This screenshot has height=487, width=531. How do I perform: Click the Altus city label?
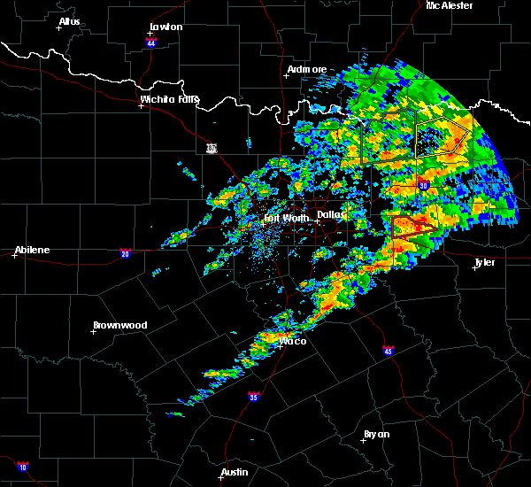(x=69, y=21)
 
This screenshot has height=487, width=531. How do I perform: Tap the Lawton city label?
(x=165, y=27)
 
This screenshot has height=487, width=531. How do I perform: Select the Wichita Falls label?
(x=169, y=99)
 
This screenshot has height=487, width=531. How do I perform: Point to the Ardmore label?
(x=307, y=69)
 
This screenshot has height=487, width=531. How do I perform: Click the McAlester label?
(x=450, y=5)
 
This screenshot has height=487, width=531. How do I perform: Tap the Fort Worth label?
(x=286, y=218)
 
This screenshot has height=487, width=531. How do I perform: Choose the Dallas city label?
(x=331, y=214)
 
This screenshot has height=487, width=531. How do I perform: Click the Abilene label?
(x=31, y=250)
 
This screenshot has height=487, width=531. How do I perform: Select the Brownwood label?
(x=119, y=325)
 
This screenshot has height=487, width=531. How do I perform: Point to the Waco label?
(x=292, y=341)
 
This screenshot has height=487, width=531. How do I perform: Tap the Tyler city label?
(x=484, y=263)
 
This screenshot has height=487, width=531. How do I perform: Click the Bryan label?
(x=376, y=434)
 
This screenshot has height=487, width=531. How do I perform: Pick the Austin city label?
(x=235, y=472)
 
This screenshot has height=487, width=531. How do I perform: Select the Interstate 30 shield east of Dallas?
(x=423, y=185)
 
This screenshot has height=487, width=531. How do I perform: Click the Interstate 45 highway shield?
(x=389, y=351)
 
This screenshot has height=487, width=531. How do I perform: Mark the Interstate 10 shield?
(x=22, y=467)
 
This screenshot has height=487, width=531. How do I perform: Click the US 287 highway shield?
(x=212, y=148)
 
